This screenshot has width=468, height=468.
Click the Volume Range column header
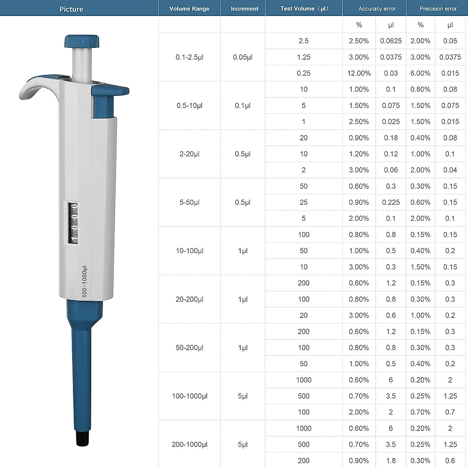(x=189, y=9)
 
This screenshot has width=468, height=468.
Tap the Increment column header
(x=244, y=9)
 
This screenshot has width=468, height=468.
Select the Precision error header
(x=438, y=9)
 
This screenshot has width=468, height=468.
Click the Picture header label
(x=71, y=9)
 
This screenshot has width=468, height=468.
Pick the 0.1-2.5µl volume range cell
(x=190, y=57)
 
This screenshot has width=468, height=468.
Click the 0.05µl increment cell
(x=243, y=57)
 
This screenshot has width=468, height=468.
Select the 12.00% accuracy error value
(x=359, y=73)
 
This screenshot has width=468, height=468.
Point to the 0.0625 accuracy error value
(x=391, y=41)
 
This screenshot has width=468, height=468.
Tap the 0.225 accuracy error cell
(x=391, y=202)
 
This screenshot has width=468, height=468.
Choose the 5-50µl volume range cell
(x=190, y=202)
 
